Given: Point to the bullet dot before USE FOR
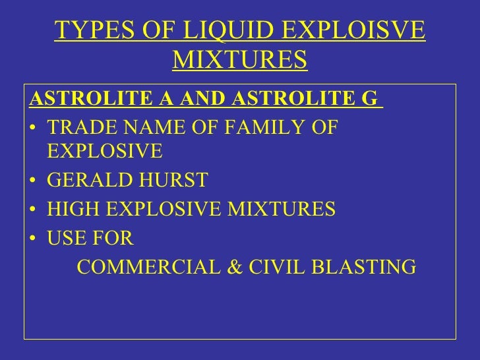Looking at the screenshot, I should click(x=34, y=239).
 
